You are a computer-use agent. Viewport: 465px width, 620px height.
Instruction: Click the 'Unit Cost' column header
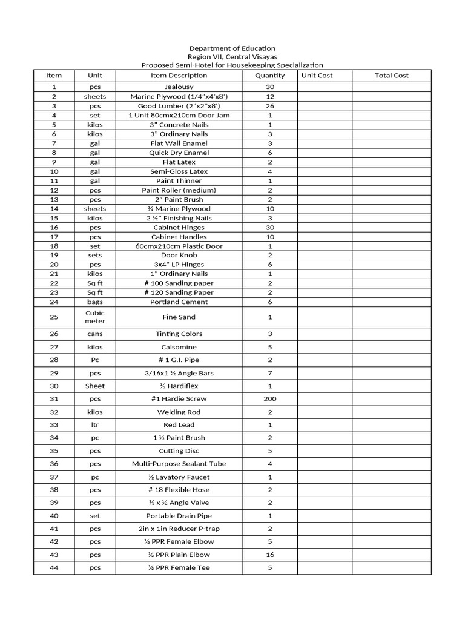click(x=317, y=76)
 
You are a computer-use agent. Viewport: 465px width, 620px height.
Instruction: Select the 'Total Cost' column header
click(x=392, y=76)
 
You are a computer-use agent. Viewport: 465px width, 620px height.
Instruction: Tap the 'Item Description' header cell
click(x=179, y=76)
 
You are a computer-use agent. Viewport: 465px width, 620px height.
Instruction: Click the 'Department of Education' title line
click(x=232, y=48)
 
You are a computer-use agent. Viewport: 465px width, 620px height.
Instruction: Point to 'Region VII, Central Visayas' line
click(x=232, y=56)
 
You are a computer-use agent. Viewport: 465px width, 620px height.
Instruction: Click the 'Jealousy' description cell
click(x=179, y=87)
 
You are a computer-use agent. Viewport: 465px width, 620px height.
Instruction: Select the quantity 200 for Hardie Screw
click(x=270, y=399)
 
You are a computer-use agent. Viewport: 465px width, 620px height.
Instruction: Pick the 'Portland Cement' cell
click(x=179, y=302)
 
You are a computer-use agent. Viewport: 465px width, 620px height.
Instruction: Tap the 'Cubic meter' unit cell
click(x=95, y=317)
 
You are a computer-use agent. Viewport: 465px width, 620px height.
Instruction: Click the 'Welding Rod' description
click(x=179, y=412)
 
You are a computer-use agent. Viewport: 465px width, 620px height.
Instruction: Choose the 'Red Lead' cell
click(x=179, y=425)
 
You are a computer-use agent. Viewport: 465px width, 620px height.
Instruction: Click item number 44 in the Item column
click(x=54, y=568)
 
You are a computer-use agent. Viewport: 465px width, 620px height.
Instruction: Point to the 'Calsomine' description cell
click(x=179, y=348)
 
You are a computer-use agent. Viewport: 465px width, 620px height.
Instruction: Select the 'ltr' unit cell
click(x=95, y=425)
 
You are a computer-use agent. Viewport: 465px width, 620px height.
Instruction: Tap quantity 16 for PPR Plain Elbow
click(x=270, y=555)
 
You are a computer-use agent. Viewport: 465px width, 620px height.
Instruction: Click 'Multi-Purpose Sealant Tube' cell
click(x=179, y=464)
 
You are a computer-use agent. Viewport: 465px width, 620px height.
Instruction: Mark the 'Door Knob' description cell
click(x=179, y=256)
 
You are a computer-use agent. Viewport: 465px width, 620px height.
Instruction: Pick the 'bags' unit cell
click(x=95, y=302)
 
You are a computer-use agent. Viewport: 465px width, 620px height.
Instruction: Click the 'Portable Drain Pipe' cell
click(x=179, y=516)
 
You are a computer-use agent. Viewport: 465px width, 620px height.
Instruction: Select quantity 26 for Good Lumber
click(x=270, y=106)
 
